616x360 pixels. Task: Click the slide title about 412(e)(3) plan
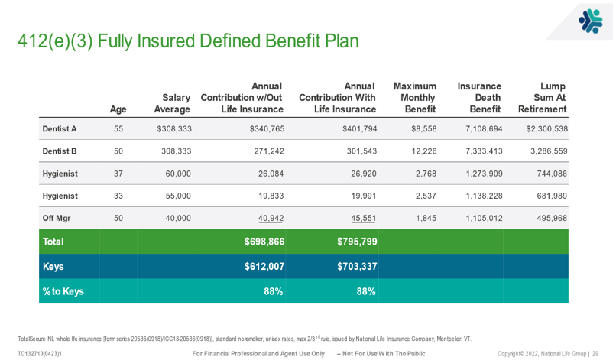pos(188,41)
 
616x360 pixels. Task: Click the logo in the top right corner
pos(589,21)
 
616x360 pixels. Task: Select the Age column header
pos(118,109)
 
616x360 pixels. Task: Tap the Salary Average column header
pos(172,103)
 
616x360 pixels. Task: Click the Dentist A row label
pos(60,129)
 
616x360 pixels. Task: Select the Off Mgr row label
pos(57,219)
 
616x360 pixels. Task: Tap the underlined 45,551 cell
pos(363,219)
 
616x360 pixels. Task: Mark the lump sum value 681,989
pos(546,196)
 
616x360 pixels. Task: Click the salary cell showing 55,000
pos(178,196)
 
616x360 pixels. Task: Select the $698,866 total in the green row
pos(264,242)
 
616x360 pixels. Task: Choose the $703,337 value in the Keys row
pos(357,267)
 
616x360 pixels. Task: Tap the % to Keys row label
pos(63,291)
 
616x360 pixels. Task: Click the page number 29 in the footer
pos(595,353)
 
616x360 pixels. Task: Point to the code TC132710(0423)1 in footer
pos(40,353)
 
